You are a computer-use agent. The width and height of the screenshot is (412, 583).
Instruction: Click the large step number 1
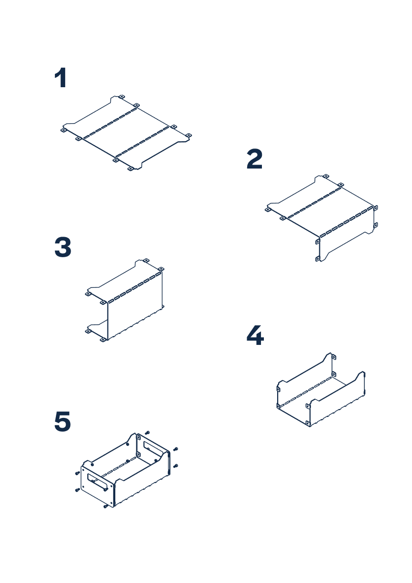tap(60, 79)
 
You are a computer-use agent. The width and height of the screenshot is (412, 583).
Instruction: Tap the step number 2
tap(255, 160)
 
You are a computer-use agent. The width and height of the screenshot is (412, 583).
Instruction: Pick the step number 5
tap(62, 422)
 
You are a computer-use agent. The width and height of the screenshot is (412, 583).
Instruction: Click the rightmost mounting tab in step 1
tap(189, 135)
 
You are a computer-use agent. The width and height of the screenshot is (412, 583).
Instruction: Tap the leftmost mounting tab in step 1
tap(63, 130)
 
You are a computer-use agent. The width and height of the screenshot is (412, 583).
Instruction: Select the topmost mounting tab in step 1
tap(121, 96)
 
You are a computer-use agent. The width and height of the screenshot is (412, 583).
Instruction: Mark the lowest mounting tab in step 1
tap(130, 169)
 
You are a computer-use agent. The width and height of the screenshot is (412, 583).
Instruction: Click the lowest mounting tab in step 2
tap(318, 258)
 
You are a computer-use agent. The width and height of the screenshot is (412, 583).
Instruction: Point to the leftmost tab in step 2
tap(268, 210)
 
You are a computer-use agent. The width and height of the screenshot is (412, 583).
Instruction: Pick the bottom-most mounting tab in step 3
tap(103, 340)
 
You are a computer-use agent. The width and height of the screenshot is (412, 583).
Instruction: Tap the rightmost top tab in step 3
tap(161, 268)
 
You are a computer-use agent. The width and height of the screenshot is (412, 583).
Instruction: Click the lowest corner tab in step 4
tap(308, 423)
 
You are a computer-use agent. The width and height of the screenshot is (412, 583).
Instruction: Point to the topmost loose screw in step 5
tap(147, 433)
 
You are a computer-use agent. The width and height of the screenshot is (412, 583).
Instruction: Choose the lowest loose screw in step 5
tap(106, 507)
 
